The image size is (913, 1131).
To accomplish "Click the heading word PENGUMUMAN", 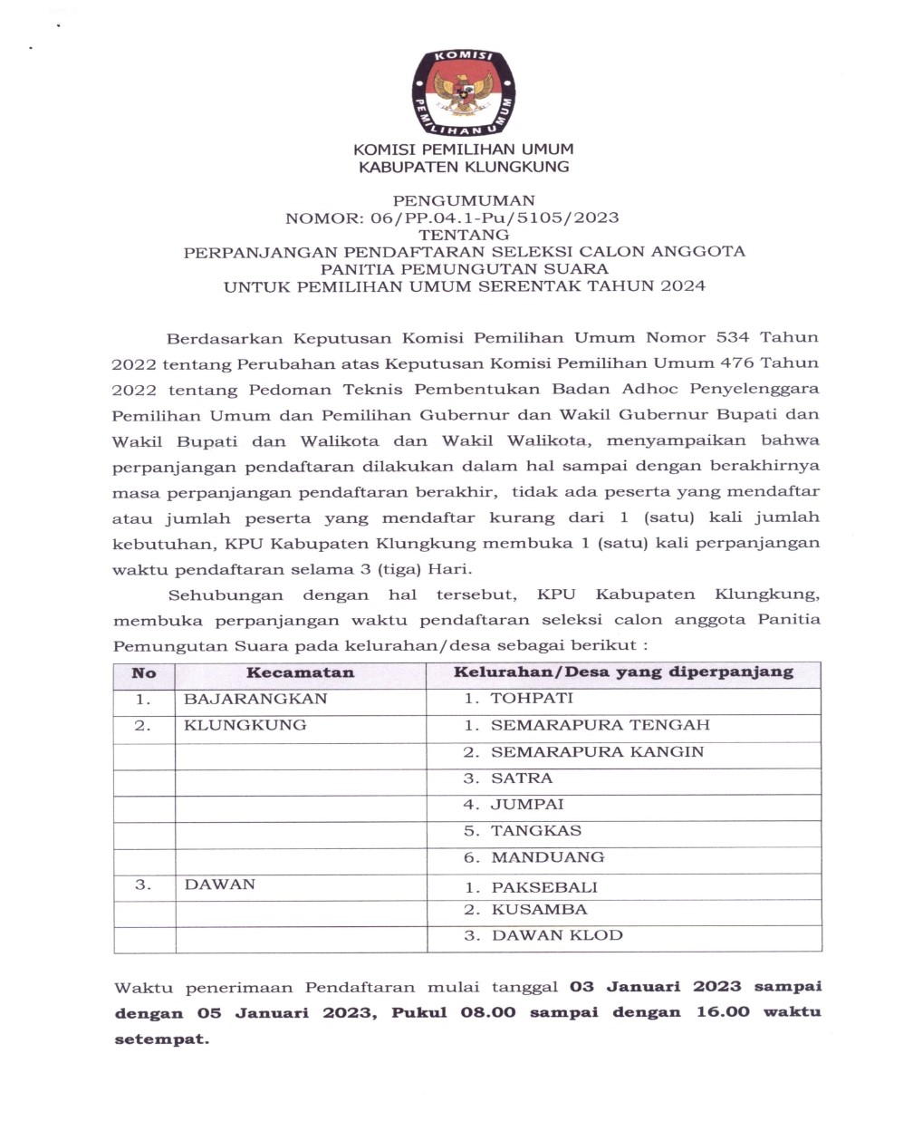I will tap(464, 200).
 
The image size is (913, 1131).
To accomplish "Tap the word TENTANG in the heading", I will tap(464, 235).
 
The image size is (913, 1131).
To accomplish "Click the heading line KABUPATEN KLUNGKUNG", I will tap(464, 167).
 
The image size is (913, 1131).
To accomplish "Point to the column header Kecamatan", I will tap(300, 673).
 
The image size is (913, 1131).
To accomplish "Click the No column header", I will tap(144, 673).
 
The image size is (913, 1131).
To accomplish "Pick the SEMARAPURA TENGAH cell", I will tap(600, 725).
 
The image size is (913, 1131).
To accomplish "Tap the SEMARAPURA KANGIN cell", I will tap(597, 752).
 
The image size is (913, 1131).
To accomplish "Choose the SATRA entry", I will tap(522, 778).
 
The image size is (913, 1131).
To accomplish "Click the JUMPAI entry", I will tap(527, 805).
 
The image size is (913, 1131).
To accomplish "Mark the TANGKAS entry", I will tap(536, 831).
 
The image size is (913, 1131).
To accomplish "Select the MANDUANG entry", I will tap(547, 857).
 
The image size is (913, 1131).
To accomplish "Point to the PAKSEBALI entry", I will tap(544, 887).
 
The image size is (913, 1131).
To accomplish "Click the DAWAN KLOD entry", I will tap(557, 936).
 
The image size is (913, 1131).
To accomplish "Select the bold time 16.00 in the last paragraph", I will tap(723, 1012).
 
